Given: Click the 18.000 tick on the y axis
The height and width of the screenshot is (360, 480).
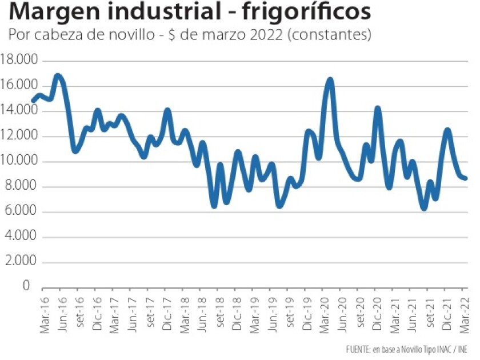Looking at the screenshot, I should tap(19, 60).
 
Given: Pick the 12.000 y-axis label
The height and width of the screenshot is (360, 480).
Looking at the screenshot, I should tap(19, 136).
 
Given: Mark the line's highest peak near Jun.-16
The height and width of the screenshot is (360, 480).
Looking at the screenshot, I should tap(58, 75).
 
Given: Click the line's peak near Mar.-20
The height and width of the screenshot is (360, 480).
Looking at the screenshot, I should tap(330, 80).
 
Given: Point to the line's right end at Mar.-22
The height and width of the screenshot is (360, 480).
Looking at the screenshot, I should tap(466, 178).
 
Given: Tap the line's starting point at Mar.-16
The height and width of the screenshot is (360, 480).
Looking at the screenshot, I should tap(33, 101).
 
